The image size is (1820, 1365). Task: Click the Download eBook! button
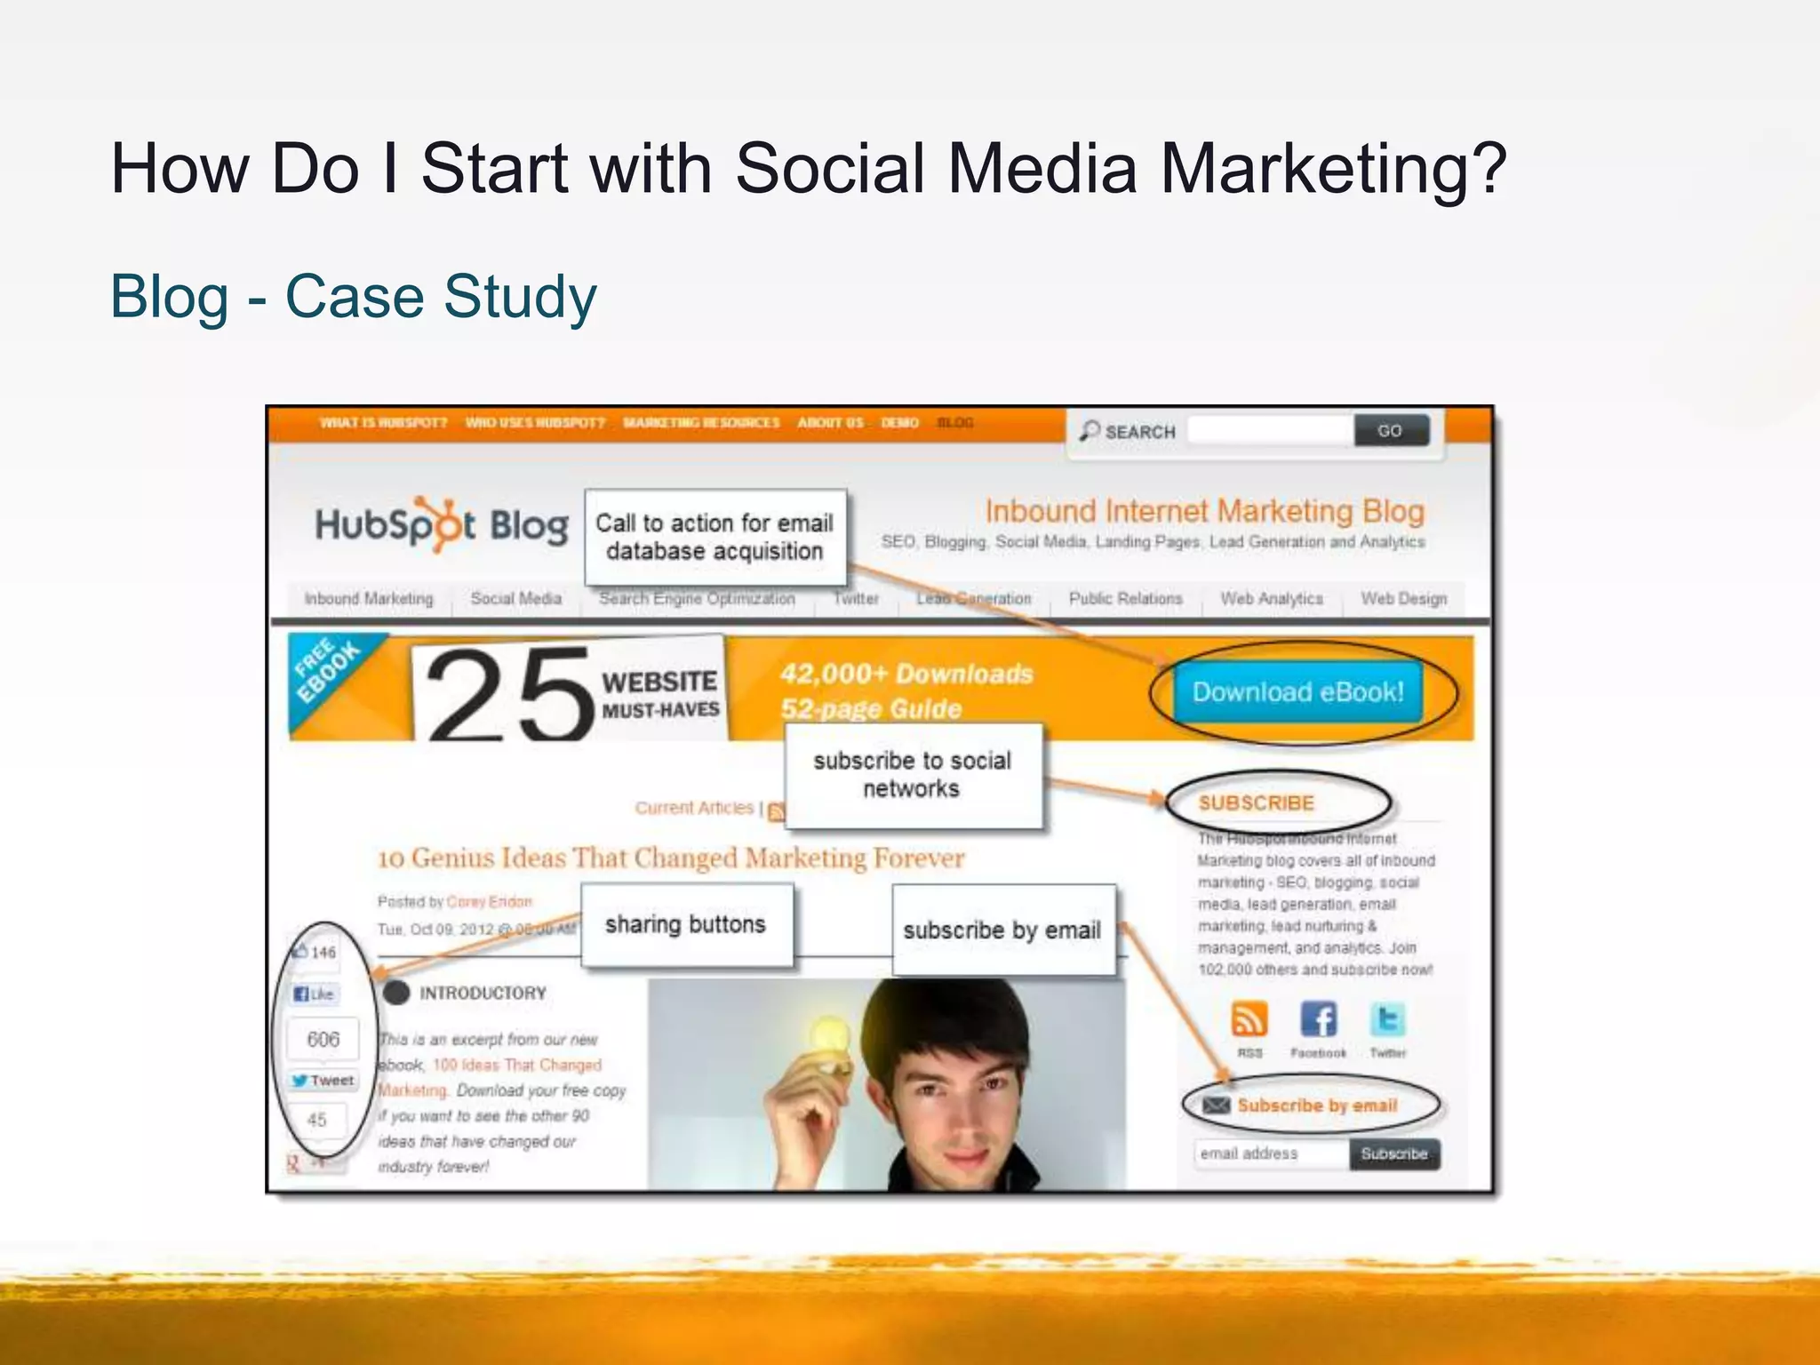(x=1297, y=692)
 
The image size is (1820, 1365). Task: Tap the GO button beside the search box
(x=1390, y=431)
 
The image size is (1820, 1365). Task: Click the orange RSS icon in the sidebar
(x=1249, y=1019)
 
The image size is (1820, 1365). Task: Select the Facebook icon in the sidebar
(x=1318, y=1019)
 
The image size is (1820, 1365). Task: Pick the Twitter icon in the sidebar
(x=1387, y=1019)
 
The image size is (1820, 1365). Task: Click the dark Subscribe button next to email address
(x=1393, y=1153)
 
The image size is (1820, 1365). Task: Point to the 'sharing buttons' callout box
(x=686, y=925)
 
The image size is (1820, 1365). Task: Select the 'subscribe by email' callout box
(x=1002, y=930)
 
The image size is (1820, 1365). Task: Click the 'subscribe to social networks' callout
(x=913, y=775)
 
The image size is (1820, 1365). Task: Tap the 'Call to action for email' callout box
(x=714, y=537)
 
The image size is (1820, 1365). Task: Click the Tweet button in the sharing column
(x=323, y=1081)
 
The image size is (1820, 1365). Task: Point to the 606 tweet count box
(x=323, y=1039)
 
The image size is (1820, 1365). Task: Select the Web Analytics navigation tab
(x=1272, y=599)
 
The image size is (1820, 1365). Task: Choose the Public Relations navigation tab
(x=1125, y=599)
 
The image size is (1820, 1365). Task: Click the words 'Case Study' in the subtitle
(x=441, y=297)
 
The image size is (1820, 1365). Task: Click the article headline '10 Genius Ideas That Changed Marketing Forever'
(x=671, y=858)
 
